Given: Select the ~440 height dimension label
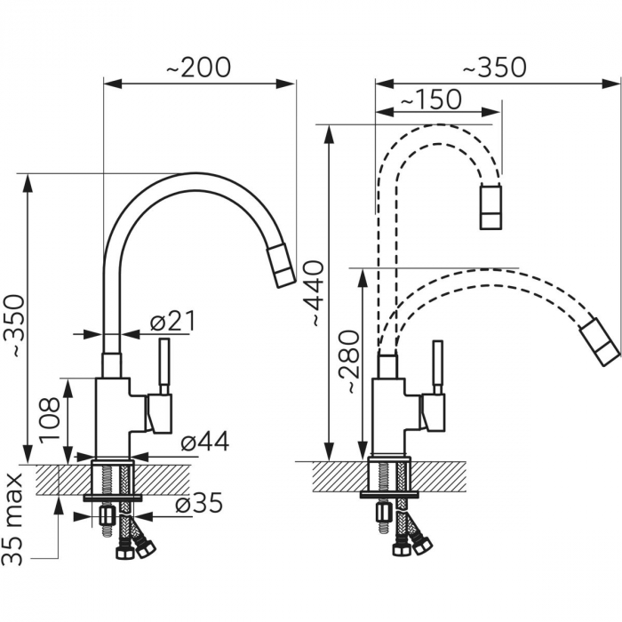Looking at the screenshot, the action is click(x=315, y=293).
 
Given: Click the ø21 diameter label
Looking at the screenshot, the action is click(x=172, y=322).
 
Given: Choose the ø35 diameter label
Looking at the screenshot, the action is click(x=199, y=504).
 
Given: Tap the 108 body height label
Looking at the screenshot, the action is click(x=50, y=419).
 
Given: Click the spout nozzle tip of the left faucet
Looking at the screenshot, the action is click(x=282, y=267).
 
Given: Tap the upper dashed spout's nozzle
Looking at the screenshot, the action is click(x=490, y=207).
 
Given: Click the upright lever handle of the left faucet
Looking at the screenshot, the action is click(x=164, y=366).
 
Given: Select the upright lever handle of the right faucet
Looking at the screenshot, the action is click(x=438, y=367).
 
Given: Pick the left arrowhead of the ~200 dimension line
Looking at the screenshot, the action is click(x=112, y=84).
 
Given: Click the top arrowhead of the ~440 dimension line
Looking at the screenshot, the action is click(x=329, y=134).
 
